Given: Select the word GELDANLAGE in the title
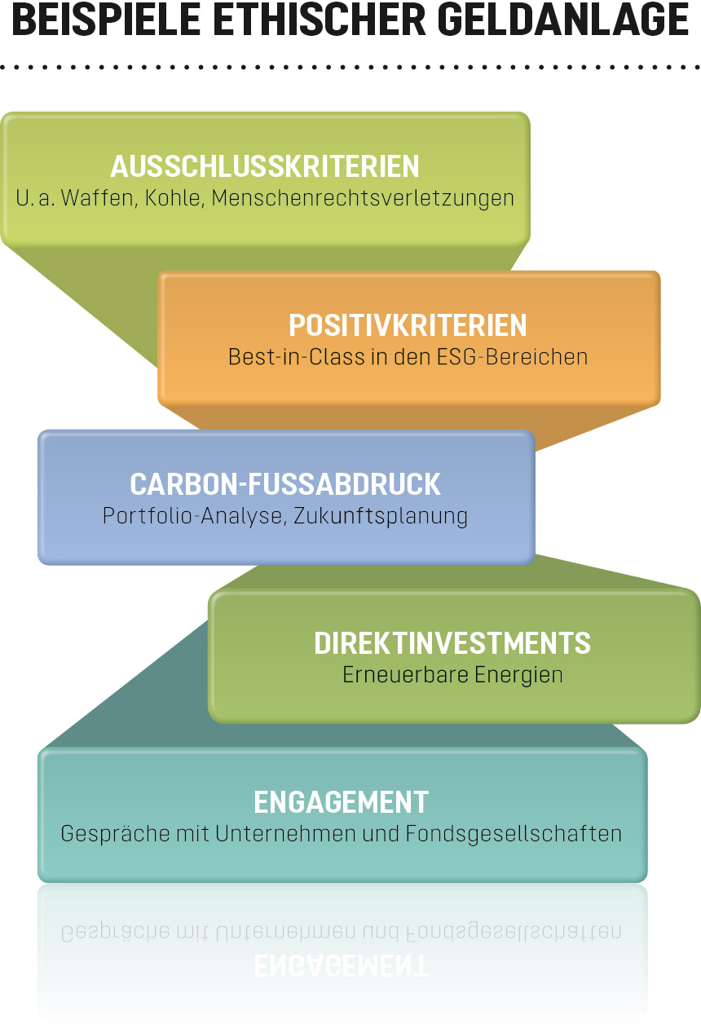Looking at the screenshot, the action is click(x=563, y=20).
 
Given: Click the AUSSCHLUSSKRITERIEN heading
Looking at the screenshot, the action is click(x=265, y=166).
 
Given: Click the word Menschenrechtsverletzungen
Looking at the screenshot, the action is click(x=363, y=199).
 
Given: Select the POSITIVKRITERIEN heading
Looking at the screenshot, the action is click(x=408, y=325).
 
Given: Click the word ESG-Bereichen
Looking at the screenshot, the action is click(x=513, y=357).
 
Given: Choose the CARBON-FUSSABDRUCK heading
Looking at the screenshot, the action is click(x=285, y=484).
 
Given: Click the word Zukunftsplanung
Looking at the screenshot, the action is click(x=381, y=516).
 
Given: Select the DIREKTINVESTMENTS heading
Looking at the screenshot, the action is click(x=452, y=643).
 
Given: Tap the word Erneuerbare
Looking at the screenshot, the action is click(x=406, y=675).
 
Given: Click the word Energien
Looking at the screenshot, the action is click(x=519, y=676).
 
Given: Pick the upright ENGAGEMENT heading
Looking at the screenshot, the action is click(x=342, y=801).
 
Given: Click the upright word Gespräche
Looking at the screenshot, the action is click(x=115, y=834).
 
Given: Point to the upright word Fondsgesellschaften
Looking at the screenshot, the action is click(x=514, y=834).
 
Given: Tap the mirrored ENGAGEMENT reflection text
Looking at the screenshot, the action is click(x=342, y=965).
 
